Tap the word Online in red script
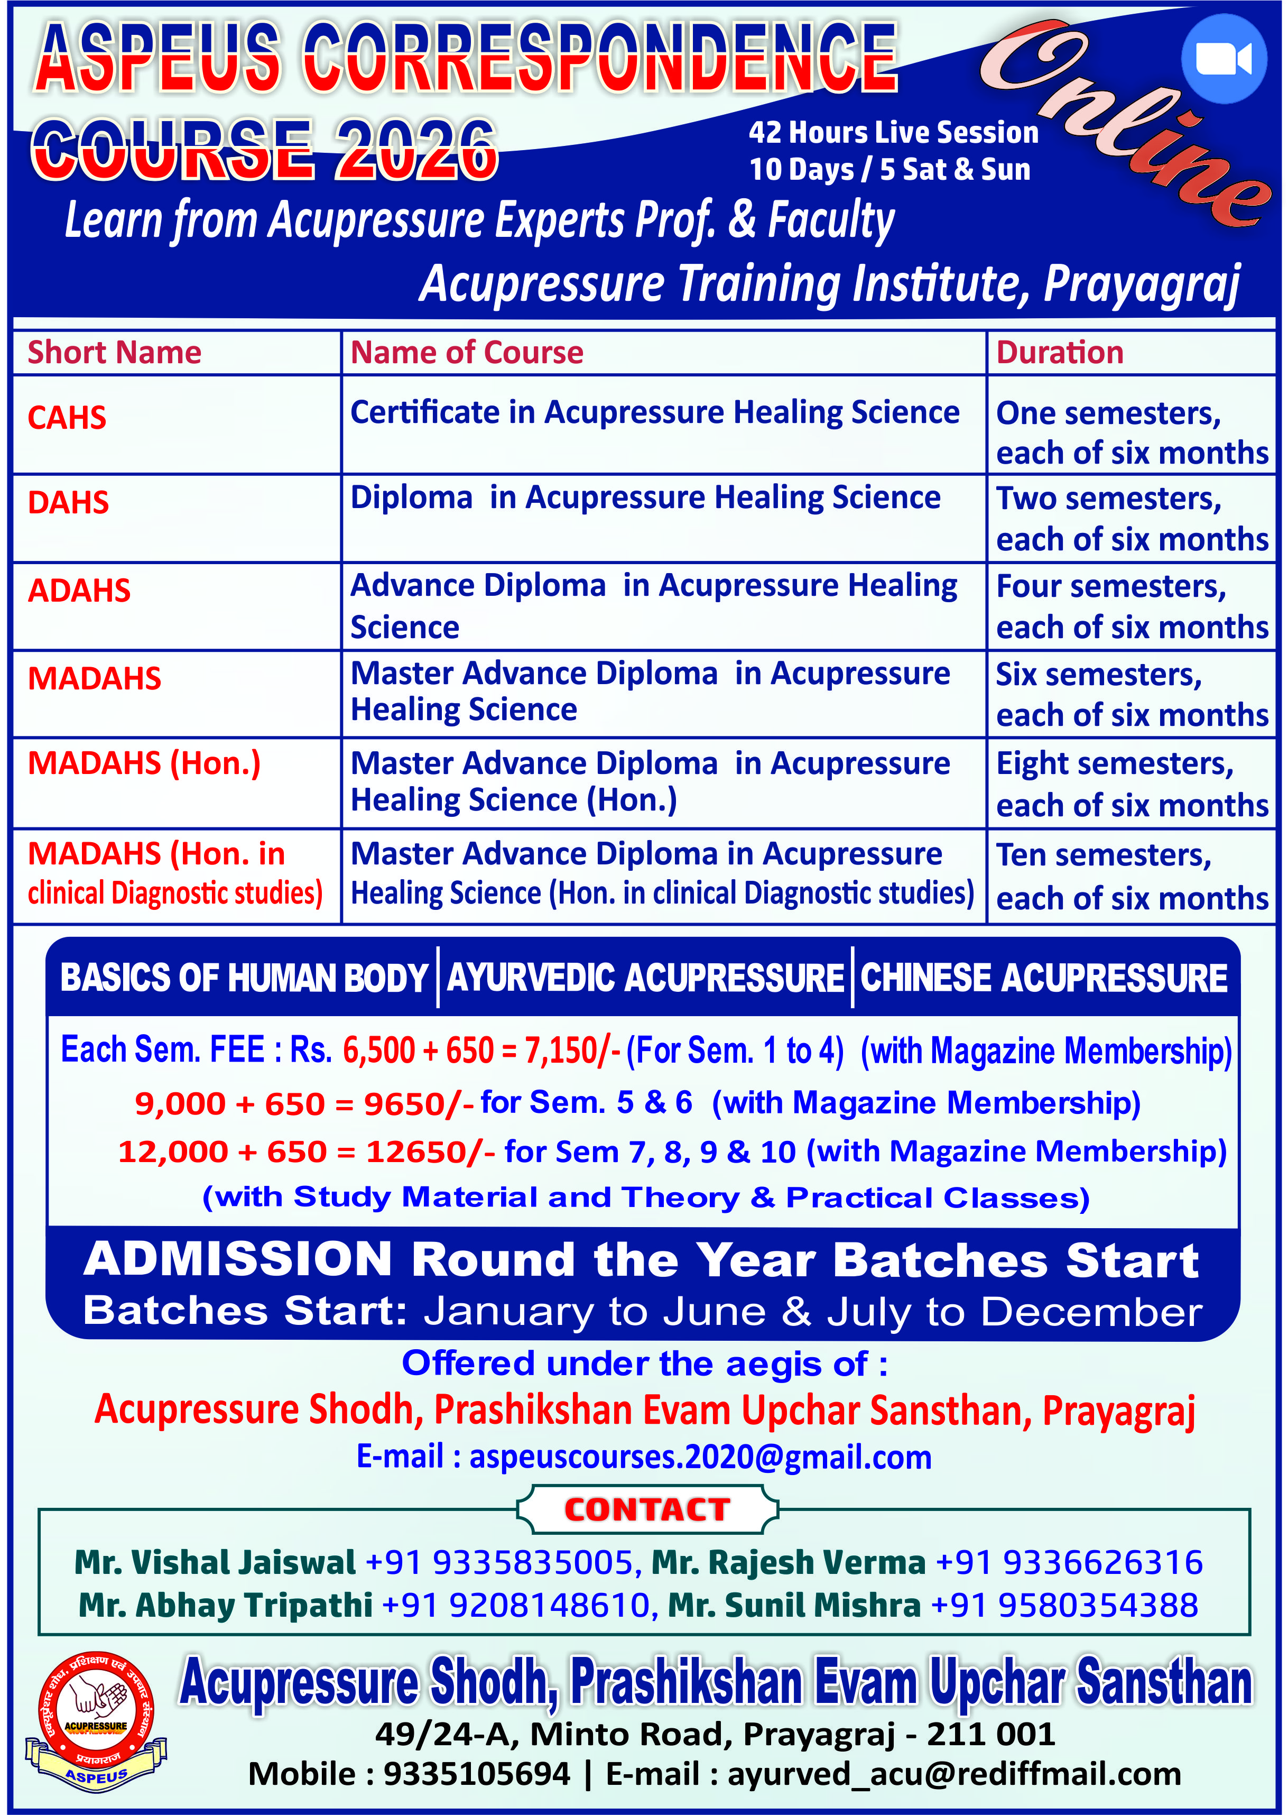1126,119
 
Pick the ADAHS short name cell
79,591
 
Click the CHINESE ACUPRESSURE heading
1044,978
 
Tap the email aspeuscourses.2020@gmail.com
700,1457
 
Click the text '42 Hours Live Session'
893,133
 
